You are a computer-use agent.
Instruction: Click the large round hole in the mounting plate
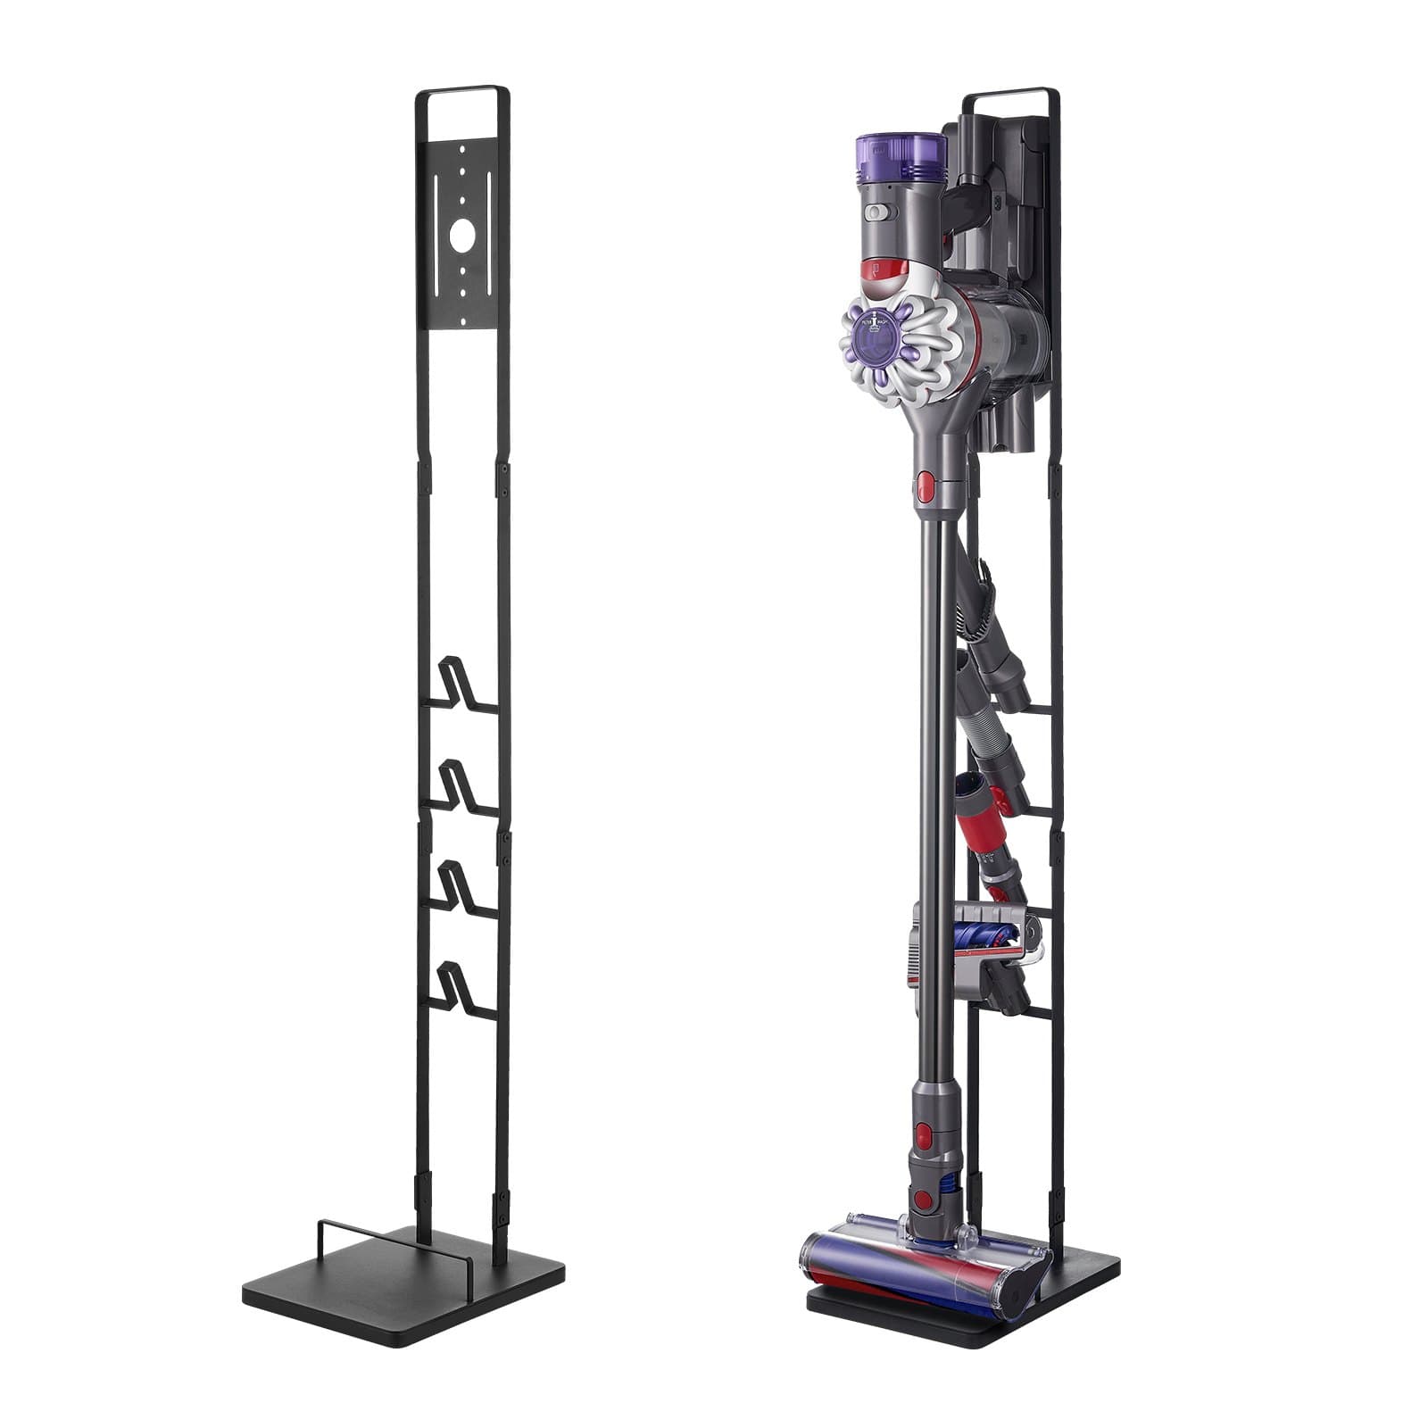(462, 236)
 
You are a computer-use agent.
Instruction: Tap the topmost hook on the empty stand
(463, 684)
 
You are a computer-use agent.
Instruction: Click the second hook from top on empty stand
(463, 785)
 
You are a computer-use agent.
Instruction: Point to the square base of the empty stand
(402, 1285)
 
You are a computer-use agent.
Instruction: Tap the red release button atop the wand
(925, 487)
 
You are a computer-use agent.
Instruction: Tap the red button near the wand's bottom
(924, 1135)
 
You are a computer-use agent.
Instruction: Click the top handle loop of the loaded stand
(1013, 91)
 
